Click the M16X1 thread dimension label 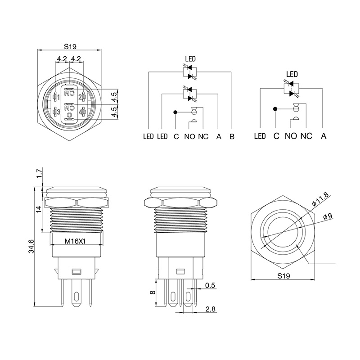75,241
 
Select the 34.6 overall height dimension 31,246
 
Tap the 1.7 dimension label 40,173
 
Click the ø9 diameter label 328,216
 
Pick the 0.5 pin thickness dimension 210,285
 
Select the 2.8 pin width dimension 210,309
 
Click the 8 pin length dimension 153,292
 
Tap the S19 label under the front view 283,275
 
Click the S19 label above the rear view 70,47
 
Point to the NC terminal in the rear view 69,93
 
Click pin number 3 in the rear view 58,112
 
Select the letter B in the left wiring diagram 232,136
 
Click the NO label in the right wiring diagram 291,136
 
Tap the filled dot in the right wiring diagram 275,109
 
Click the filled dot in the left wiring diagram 175,112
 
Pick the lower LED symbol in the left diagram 190,94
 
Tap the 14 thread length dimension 39,209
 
